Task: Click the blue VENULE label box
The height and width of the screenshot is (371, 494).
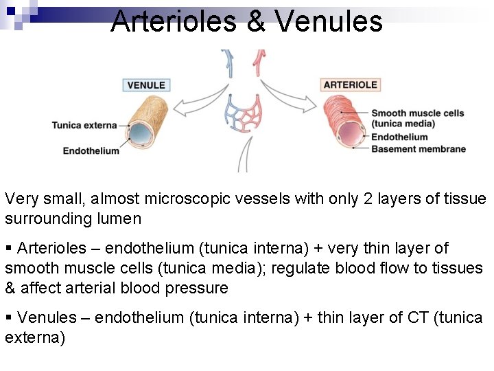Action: tap(146, 85)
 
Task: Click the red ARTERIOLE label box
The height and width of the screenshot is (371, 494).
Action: tap(350, 85)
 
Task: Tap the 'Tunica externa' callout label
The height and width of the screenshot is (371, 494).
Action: tap(84, 125)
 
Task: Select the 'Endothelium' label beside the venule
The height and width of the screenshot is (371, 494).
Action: tap(91, 150)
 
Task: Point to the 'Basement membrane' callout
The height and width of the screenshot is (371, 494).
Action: tap(418, 149)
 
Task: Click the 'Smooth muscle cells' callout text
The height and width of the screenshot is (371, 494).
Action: tap(417, 113)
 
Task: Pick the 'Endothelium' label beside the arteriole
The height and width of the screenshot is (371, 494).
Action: tap(399, 137)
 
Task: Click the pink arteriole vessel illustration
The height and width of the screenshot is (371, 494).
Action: tap(343, 122)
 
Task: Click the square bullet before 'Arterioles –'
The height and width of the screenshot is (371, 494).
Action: tap(9, 247)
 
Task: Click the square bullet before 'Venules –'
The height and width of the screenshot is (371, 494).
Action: tap(9, 317)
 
